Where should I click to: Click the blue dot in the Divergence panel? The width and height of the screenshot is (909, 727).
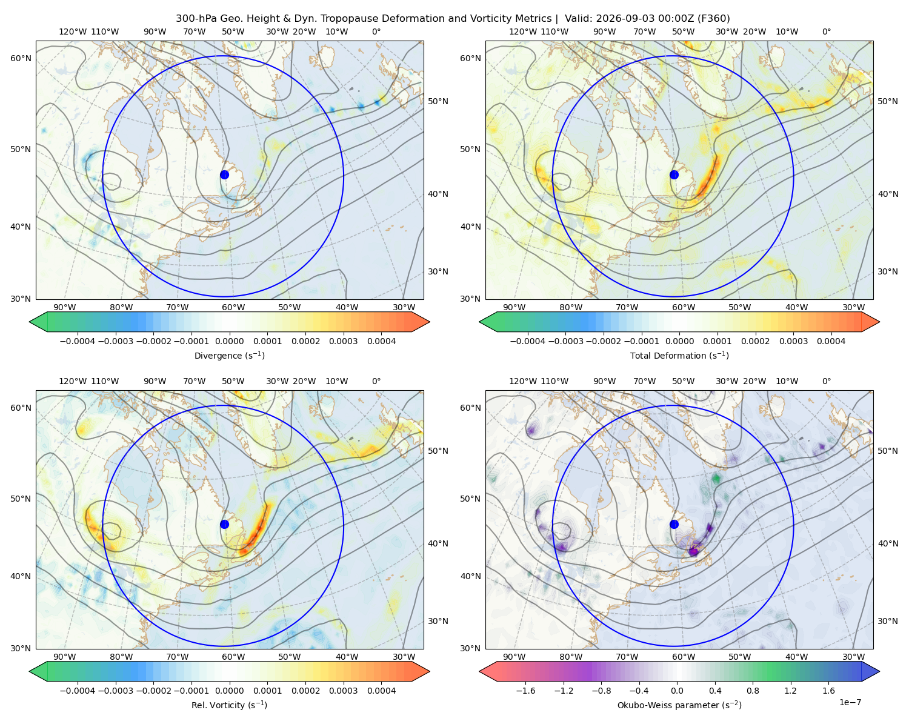pyautogui.click(x=224, y=174)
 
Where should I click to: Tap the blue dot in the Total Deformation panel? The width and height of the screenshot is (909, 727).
pyautogui.click(x=674, y=174)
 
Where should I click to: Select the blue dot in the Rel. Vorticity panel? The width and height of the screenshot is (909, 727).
pyautogui.click(x=224, y=524)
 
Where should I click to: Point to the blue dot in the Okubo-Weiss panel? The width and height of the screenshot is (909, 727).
pyautogui.click(x=674, y=524)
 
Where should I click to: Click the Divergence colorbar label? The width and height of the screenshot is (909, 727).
pyautogui.click(x=229, y=355)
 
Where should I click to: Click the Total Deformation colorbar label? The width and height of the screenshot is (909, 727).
pyautogui.click(x=679, y=355)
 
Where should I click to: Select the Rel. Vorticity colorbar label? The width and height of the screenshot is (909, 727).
pyautogui.click(x=229, y=705)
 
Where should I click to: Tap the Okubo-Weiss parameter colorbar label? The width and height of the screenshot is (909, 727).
pyautogui.click(x=679, y=705)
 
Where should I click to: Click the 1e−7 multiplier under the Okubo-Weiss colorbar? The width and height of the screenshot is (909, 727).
pyautogui.click(x=850, y=702)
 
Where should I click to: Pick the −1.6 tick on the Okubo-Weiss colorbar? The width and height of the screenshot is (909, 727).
pyautogui.click(x=525, y=690)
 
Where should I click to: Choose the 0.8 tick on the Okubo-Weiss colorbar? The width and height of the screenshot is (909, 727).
pyautogui.click(x=753, y=690)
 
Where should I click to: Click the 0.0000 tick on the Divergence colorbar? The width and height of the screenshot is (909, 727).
pyautogui.click(x=229, y=341)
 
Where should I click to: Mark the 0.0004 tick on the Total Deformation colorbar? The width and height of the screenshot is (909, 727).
pyautogui.click(x=831, y=341)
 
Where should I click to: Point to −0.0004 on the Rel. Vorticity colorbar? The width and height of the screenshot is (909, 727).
pyautogui.click(x=78, y=690)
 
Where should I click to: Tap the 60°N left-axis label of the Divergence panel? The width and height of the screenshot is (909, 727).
pyautogui.click(x=21, y=58)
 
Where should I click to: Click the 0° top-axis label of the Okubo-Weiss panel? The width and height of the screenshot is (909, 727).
pyautogui.click(x=826, y=381)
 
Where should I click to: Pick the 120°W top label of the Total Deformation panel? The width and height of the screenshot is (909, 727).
pyautogui.click(x=523, y=32)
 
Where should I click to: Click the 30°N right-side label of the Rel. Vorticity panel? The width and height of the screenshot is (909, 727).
pyautogui.click(x=438, y=621)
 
